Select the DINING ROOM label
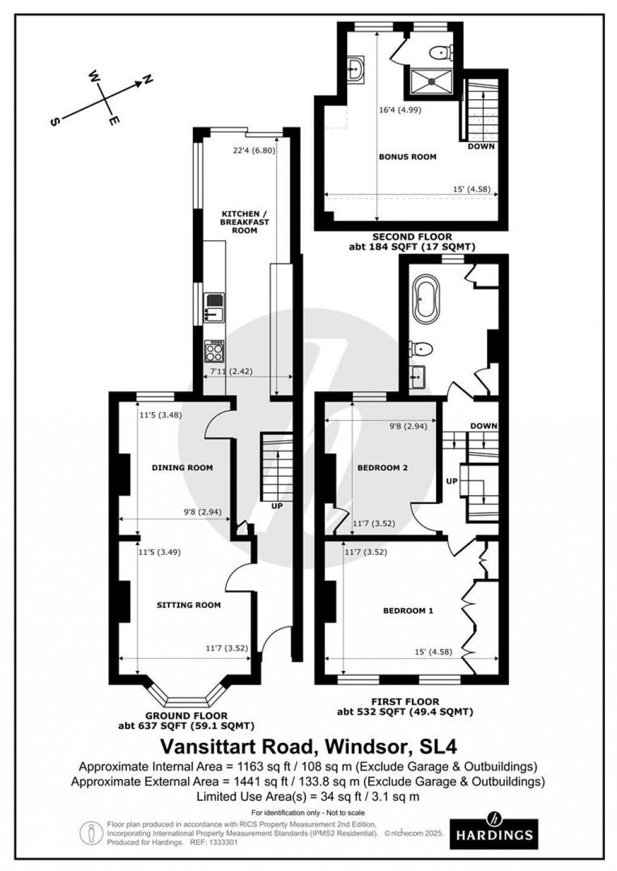click(x=182, y=467)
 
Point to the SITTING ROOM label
click(x=189, y=605)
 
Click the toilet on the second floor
click(x=440, y=53)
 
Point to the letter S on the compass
click(x=55, y=121)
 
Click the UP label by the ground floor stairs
click(x=276, y=505)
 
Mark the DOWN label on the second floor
click(x=481, y=146)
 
